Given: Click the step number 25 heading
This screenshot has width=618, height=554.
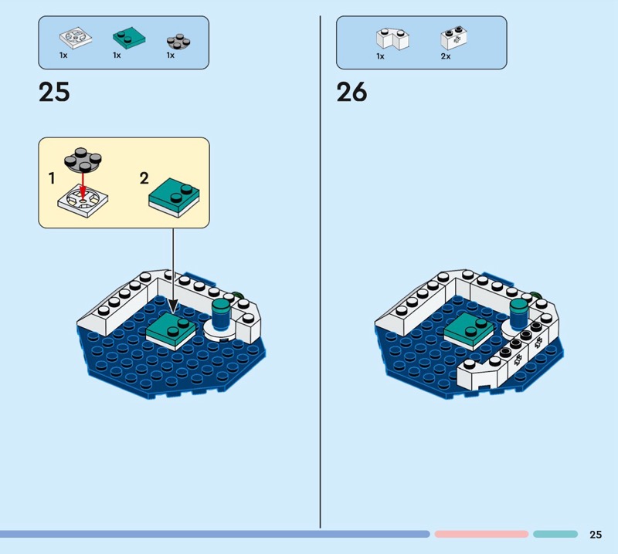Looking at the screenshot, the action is tap(54, 92).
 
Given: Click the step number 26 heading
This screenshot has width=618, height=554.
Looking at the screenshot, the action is tap(351, 92).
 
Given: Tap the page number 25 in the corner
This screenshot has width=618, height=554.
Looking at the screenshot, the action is tap(596, 534).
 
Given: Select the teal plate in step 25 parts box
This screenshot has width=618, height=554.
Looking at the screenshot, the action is tap(129, 38).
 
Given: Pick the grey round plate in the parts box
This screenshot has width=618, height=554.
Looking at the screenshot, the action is tap(178, 42).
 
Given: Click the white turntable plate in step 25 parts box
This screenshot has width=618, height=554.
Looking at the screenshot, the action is tap(76, 38).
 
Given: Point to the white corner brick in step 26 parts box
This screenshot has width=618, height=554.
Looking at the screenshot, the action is tap(392, 39).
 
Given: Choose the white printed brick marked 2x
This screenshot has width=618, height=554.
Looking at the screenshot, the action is tap(454, 38).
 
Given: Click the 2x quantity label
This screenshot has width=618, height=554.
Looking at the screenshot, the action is tap(446, 56).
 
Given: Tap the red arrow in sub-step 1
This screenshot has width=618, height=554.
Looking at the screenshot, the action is tap(83, 185).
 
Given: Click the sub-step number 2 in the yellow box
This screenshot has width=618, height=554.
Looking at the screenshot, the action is tap(144, 178).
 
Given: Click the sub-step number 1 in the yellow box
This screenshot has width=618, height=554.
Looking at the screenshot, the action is tap(52, 178).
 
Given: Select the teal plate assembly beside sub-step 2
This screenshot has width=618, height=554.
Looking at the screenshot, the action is tap(174, 198).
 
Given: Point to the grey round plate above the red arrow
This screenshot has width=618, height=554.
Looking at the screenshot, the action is tap(83, 160).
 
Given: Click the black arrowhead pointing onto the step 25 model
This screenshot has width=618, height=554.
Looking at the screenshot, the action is tap(173, 306).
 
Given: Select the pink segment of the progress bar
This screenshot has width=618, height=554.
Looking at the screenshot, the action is tap(481, 534).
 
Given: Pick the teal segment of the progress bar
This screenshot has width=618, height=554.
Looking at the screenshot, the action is tap(555, 534).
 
